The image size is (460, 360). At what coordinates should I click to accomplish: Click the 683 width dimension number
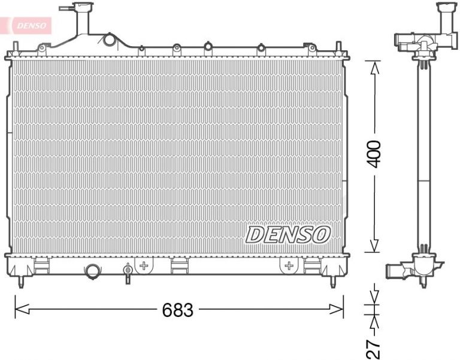[x=178, y=310]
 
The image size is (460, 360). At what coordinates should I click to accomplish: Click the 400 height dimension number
[x=374, y=155]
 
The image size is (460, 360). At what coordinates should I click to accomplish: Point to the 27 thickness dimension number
[x=374, y=348]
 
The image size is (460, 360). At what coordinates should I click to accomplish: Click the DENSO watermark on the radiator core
[x=287, y=234]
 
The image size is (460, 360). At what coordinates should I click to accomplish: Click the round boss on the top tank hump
[x=109, y=40]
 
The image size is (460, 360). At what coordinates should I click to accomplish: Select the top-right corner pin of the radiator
[x=339, y=47]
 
